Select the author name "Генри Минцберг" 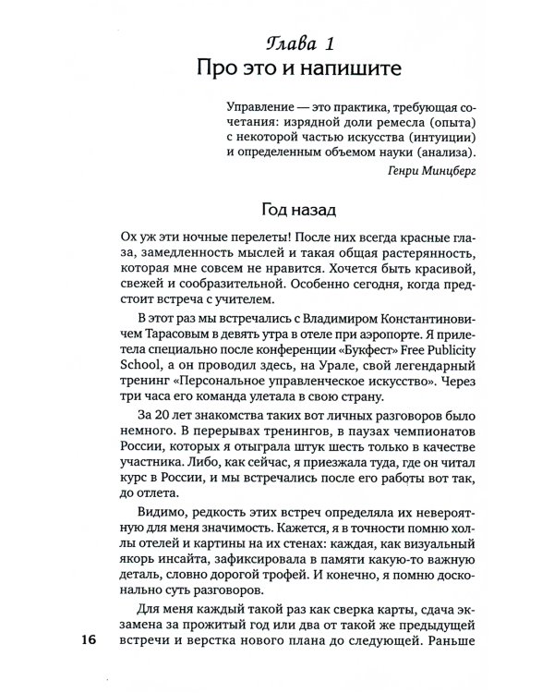(430, 170)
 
